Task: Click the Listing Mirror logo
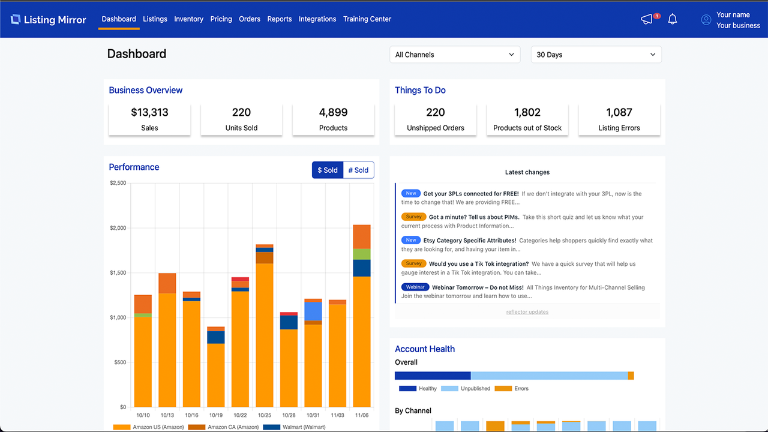pos(49,19)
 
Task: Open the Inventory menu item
pos(188,19)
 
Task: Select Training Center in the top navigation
pos(367,19)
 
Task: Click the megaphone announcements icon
pos(647,19)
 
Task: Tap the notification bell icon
pos(673,19)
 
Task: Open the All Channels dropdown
pos(455,55)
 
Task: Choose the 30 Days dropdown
pos(596,55)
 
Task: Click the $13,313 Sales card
pos(149,119)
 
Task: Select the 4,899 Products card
pos(333,119)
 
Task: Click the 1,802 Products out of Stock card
pos(527,119)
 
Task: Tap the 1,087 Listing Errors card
pos(619,119)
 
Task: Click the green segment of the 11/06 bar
pos(362,254)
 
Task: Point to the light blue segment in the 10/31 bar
pos(313,311)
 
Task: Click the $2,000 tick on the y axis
pos(118,228)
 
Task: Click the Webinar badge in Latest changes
pos(413,287)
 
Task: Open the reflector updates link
pos(527,312)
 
